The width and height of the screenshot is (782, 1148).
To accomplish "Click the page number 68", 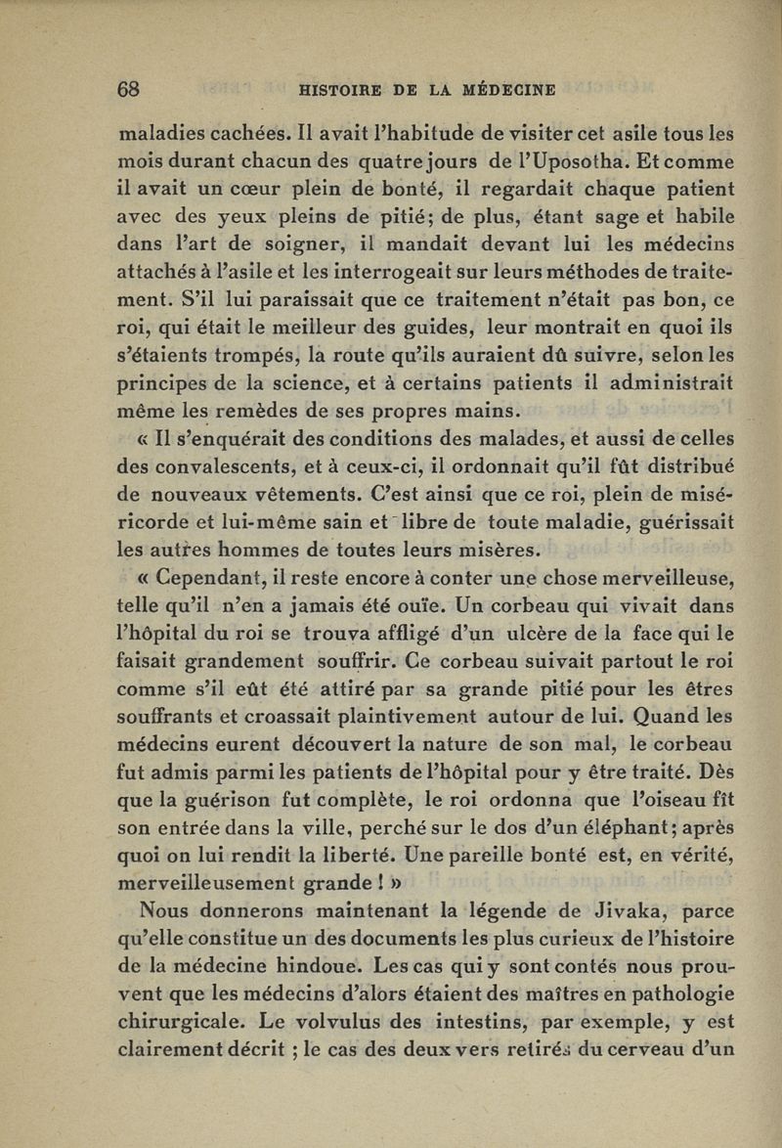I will click(x=129, y=89).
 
